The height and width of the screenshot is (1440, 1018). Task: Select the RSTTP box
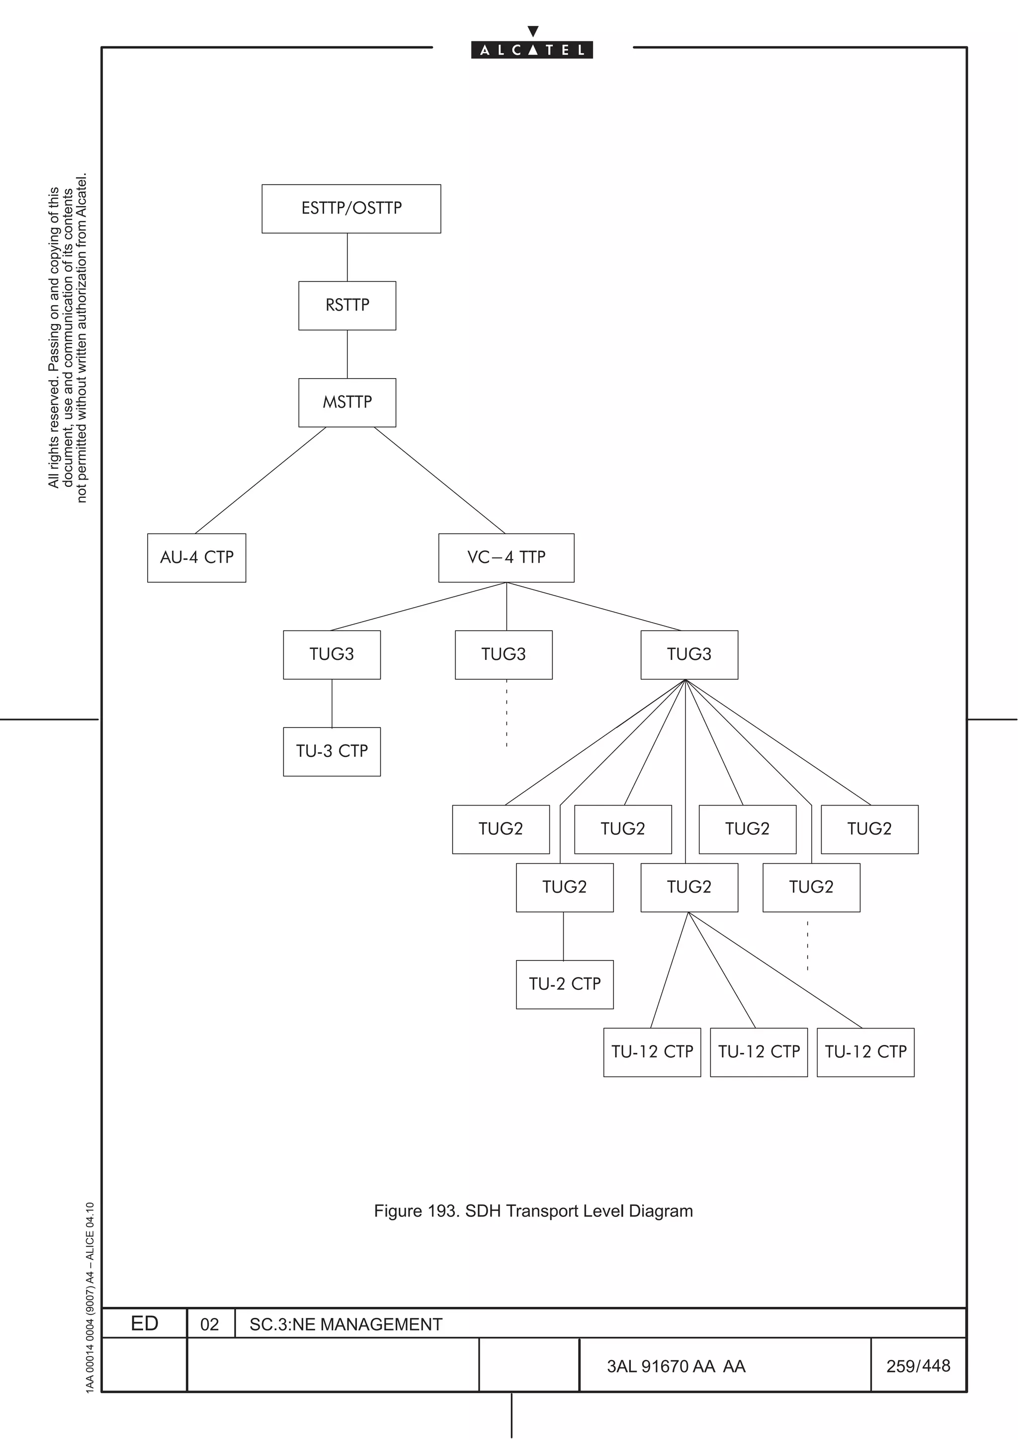[347, 306]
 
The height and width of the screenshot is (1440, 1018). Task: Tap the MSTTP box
[347, 402]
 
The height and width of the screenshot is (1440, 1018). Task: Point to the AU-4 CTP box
[196, 558]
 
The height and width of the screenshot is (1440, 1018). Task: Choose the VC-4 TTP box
[506, 558]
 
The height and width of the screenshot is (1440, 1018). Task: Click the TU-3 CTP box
[332, 751]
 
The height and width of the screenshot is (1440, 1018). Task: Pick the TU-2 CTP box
[565, 984]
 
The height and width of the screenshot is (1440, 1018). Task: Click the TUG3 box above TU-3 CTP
[332, 655]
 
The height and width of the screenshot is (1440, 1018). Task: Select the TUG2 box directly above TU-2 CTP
[565, 887]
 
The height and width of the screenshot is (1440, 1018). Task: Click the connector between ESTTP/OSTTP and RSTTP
[347, 257]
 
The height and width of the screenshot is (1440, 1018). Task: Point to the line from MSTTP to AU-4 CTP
[260, 480]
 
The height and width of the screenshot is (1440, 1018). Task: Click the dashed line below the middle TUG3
[507, 713]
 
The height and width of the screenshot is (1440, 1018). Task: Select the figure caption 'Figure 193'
[533, 1211]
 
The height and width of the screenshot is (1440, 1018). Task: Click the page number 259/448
[918, 1366]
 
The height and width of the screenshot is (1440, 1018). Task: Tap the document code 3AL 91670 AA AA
[676, 1366]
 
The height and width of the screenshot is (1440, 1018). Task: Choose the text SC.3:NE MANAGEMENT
[345, 1325]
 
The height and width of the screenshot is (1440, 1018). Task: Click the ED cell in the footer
[144, 1324]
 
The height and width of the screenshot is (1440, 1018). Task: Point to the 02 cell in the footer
[209, 1325]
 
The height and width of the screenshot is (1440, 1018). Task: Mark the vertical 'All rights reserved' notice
[68, 339]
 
